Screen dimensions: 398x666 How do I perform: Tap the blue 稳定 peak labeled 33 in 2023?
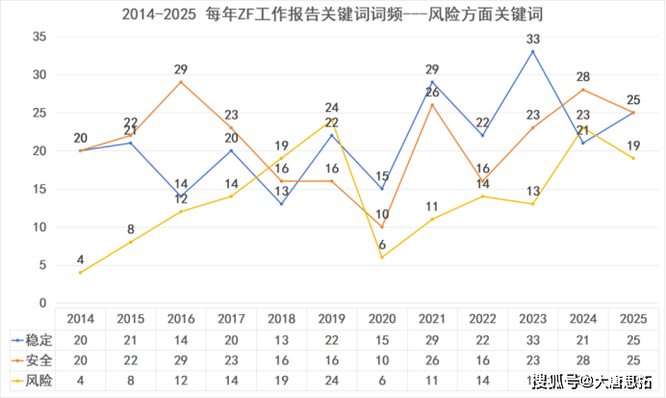pyautogui.click(x=533, y=51)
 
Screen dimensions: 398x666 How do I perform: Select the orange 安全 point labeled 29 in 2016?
pyautogui.click(x=180, y=82)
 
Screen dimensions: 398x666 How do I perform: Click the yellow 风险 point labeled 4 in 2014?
pyautogui.click(x=79, y=273)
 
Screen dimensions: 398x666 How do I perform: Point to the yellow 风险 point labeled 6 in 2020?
pyautogui.click(x=382, y=257)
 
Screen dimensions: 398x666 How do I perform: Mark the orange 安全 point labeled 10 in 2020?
pyautogui.click(x=382, y=227)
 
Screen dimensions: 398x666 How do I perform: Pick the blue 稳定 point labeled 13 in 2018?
pyautogui.click(x=281, y=204)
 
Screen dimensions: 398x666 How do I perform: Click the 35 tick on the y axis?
pyautogui.click(x=39, y=37)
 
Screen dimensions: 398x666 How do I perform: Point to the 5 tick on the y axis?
pyautogui.click(x=43, y=265)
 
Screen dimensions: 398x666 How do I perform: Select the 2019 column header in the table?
pyautogui.click(x=331, y=319)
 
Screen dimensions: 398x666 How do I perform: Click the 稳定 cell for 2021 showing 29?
pyautogui.click(x=432, y=339)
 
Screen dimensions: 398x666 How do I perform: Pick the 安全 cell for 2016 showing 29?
pyautogui.click(x=180, y=360)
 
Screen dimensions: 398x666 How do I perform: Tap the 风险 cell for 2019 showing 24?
pyautogui.click(x=331, y=381)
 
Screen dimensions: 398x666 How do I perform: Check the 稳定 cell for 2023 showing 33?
pyautogui.click(x=533, y=339)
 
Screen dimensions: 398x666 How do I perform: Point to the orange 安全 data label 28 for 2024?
pyautogui.click(x=583, y=76)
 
